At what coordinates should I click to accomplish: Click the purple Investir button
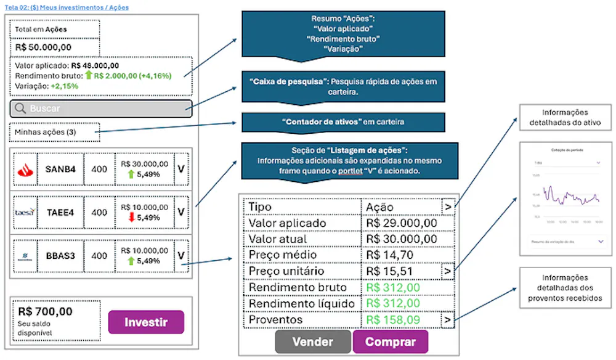pyautogui.click(x=146, y=322)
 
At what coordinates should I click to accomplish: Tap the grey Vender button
pyautogui.click(x=312, y=342)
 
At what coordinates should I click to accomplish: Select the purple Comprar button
pyautogui.click(x=390, y=342)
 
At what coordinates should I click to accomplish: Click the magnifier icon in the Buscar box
pyautogui.click(x=20, y=108)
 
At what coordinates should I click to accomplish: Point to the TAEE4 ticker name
pyautogui.click(x=60, y=212)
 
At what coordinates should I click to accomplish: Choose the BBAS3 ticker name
pyautogui.click(x=60, y=255)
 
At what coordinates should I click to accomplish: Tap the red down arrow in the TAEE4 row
pyautogui.click(x=131, y=217)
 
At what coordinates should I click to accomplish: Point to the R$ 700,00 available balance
pyautogui.click(x=45, y=312)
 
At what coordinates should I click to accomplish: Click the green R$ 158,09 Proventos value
pyautogui.click(x=393, y=320)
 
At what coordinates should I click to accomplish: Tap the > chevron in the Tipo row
pyautogui.click(x=448, y=207)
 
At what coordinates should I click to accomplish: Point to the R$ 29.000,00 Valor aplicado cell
pyautogui.click(x=401, y=223)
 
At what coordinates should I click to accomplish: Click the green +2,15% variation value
pyautogui.click(x=64, y=86)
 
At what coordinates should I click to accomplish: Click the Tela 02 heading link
pyautogui.click(x=67, y=7)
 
